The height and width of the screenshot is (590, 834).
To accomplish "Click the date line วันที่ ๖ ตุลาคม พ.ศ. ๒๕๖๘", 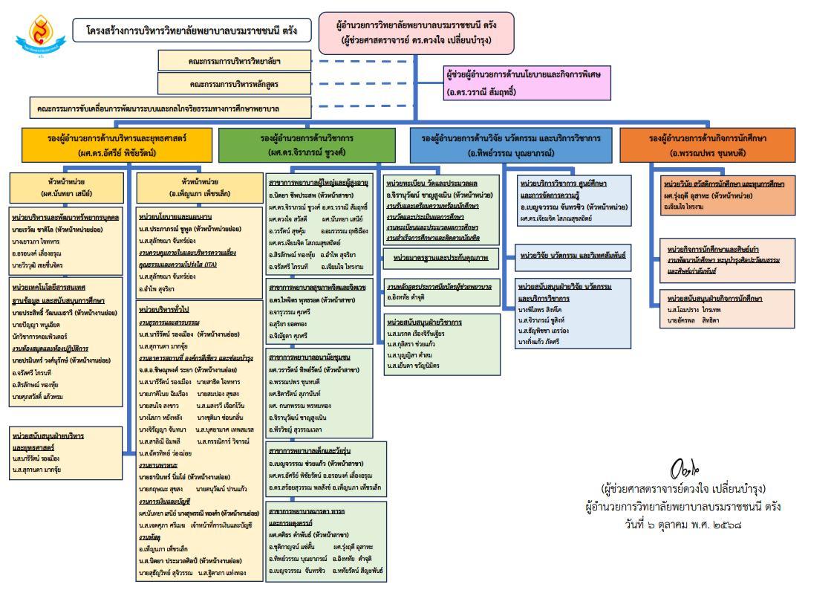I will point(682,523).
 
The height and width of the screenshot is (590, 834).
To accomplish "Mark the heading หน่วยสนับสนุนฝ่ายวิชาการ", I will point(424,322).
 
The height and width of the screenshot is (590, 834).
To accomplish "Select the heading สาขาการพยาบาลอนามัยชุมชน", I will point(309,357).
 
